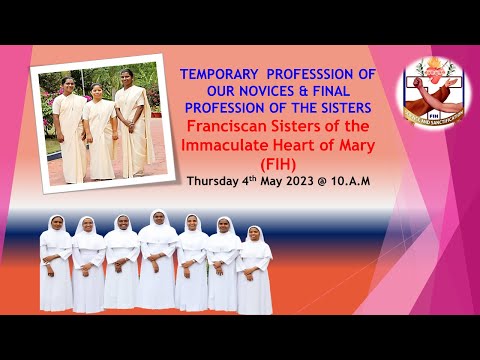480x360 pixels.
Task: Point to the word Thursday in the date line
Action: [214, 182]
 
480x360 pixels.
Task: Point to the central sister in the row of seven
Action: [157, 260]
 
